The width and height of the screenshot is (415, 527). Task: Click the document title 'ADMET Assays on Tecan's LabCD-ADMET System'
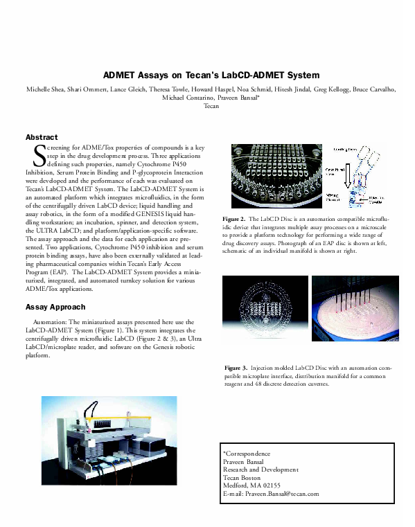click(211, 75)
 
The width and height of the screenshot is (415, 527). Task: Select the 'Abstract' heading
click(41, 138)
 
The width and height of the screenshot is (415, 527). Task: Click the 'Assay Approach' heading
click(55, 307)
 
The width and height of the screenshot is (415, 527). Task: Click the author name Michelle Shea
click(46, 90)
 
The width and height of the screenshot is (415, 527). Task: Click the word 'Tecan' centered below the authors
click(211, 107)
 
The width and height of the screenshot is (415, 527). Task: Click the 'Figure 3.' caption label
click(236, 366)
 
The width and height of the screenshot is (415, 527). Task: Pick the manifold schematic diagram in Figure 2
click(364, 177)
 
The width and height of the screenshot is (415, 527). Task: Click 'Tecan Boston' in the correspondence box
click(241, 477)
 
